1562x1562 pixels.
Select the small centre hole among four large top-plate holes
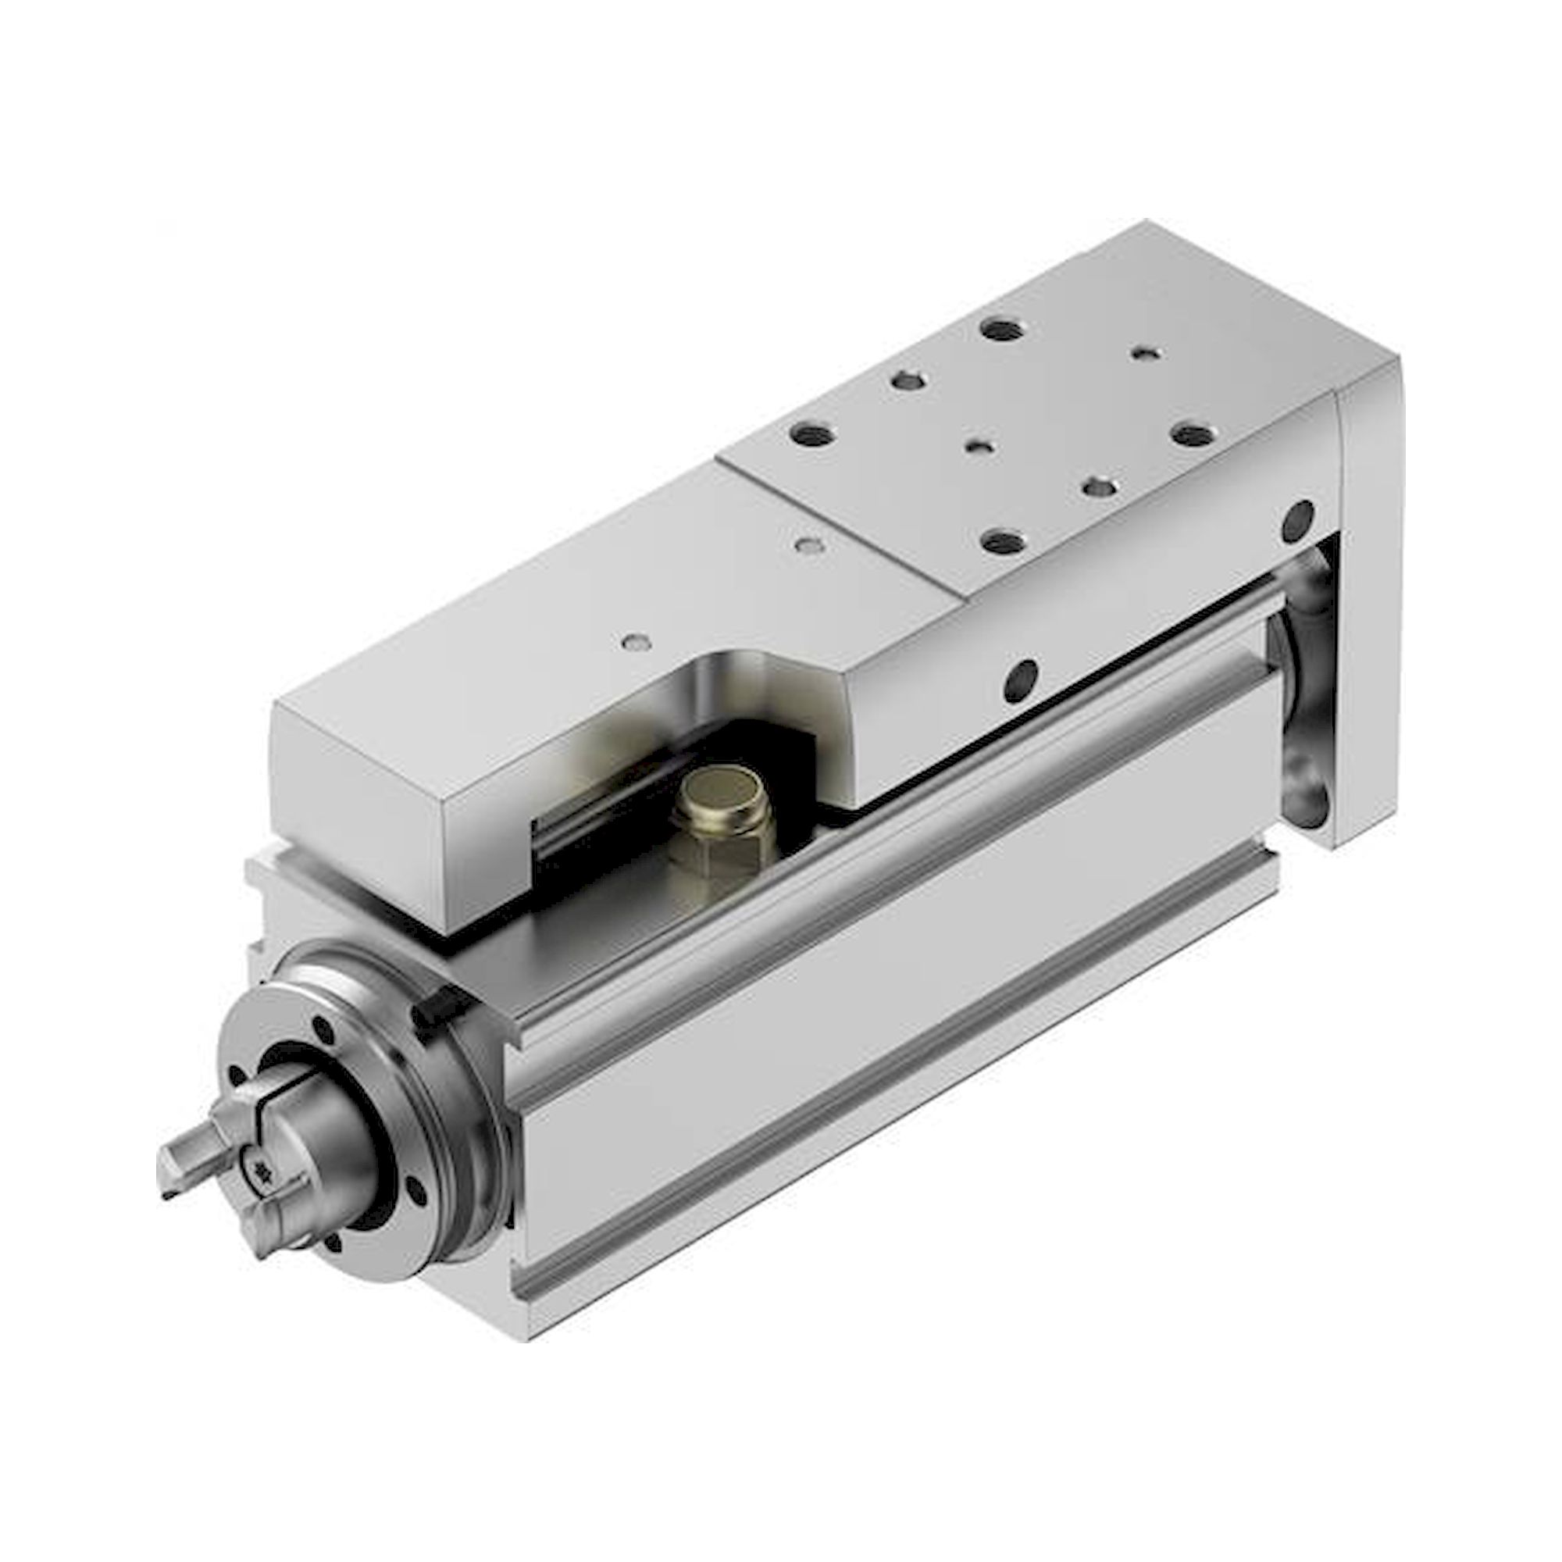tap(979, 445)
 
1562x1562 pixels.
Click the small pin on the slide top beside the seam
tap(804, 544)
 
